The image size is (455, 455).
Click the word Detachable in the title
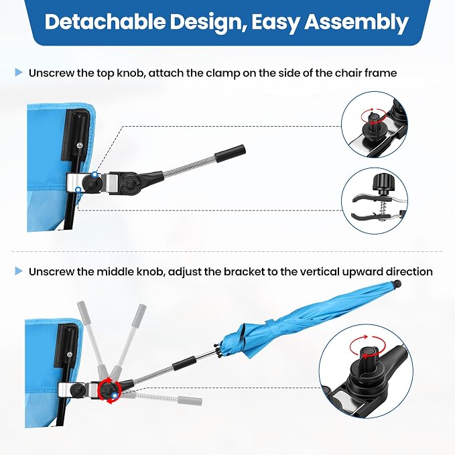pyautogui.click(x=105, y=21)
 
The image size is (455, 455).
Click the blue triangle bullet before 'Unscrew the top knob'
pyautogui.click(x=19, y=72)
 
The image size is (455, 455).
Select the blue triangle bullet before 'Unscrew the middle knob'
pyautogui.click(x=19, y=271)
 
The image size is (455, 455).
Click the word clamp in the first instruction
pyautogui.click(x=223, y=74)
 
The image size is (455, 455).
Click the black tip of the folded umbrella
pyautogui.click(x=397, y=283)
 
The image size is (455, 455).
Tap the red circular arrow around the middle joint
pyautogui.click(x=109, y=391)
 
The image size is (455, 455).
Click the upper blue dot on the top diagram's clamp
pyautogui.click(x=94, y=174)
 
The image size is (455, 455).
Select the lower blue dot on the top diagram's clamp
pyautogui.click(x=78, y=190)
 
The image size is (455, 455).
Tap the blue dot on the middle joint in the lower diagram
pyautogui.click(x=115, y=395)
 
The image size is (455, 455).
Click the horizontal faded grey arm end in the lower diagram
pyautogui.click(x=190, y=401)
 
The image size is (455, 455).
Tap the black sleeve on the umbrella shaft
pyautogui.click(x=184, y=363)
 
